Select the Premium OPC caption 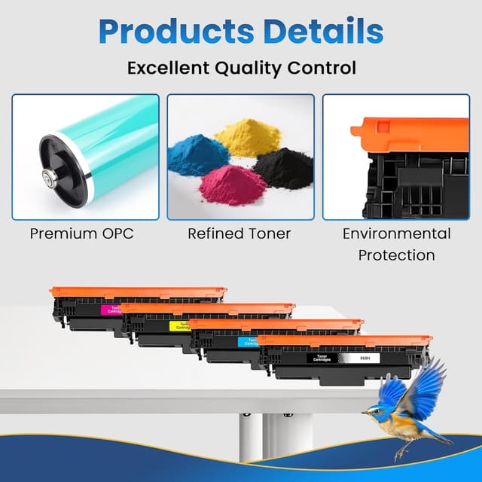tap(81, 233)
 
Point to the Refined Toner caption tap(239, 233)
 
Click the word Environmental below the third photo tap(396, 233)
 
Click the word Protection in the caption tap(396, 255)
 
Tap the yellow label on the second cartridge tap(178, 326)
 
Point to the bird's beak tap(365, 412)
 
